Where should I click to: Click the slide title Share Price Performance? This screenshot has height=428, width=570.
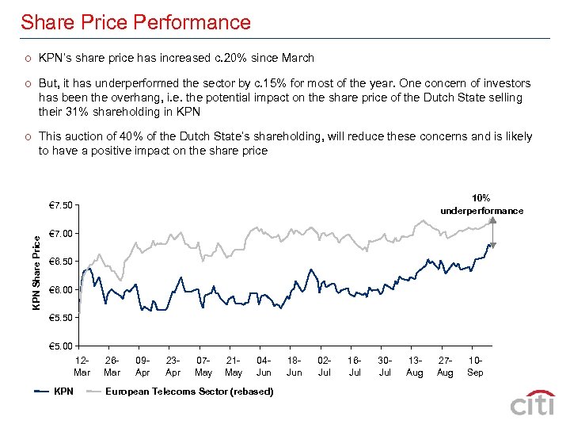tap(135, 22)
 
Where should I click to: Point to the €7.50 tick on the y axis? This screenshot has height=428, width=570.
tap(60, 206)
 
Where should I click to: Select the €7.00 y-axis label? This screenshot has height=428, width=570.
tap(60, 234)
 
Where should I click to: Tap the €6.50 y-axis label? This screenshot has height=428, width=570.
tap(60, 262)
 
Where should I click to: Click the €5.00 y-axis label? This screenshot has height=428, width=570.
tap(60, 346)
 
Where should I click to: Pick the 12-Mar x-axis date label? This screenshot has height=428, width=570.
tap(82, 366)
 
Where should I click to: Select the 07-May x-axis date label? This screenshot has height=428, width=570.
tap(203, 366)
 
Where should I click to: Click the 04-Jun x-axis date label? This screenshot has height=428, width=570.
tap(264, 366)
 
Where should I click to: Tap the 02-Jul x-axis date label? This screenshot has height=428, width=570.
tap(325, 366)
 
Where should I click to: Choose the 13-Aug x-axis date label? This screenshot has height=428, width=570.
tap(415, 366)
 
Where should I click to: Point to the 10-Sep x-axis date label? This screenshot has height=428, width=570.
tap(475, 366)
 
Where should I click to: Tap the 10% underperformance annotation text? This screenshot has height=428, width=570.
tap(481, 204)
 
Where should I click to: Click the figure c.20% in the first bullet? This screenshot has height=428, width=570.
tap(228, 58)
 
